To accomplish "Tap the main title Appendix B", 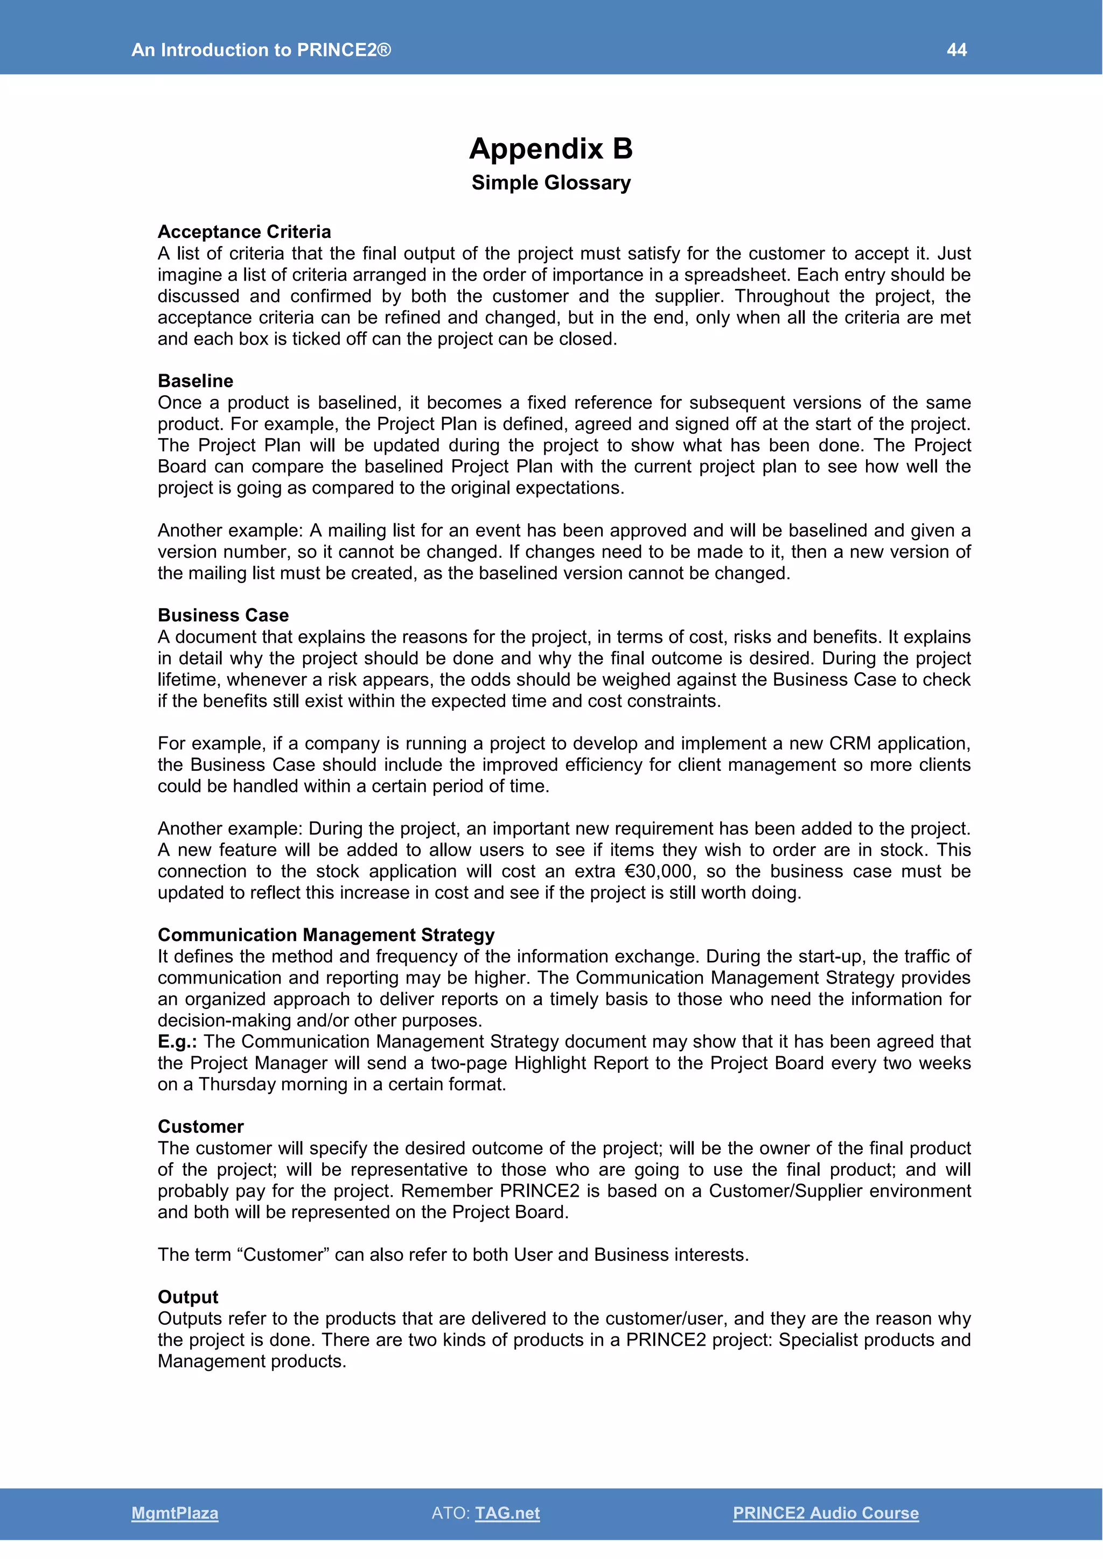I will (551, 149).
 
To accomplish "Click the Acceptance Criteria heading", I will (244, 231).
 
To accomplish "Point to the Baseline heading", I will (195, 381).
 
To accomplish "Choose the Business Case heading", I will (223, 615).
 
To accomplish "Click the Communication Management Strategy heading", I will (326, 935).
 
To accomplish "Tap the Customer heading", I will (200, 1127).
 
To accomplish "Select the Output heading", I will (187, 1297).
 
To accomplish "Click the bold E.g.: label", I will (177, 1042).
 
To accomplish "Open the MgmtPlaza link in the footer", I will (174, 1513).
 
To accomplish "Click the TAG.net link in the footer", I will (507, 1513).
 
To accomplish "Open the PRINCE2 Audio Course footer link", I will (825, 1513).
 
